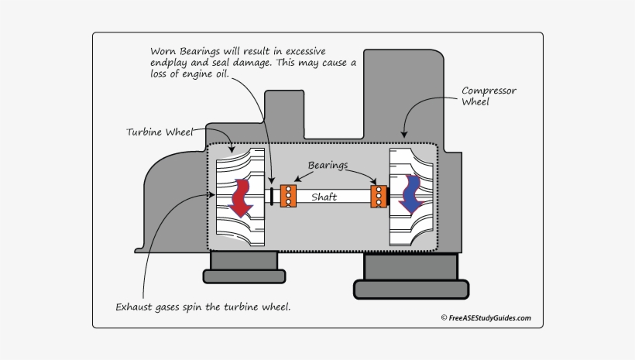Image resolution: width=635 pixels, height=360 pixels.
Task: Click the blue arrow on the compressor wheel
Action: click(x=407, y=194)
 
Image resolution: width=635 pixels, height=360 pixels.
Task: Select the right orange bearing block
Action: click(x=378, y=196)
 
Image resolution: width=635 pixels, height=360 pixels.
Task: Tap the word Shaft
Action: click(x=324, y=197)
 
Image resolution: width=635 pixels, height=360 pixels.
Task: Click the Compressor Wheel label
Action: click(x=488, y=96)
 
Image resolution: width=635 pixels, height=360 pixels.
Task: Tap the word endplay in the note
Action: click(x=173, y=63)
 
